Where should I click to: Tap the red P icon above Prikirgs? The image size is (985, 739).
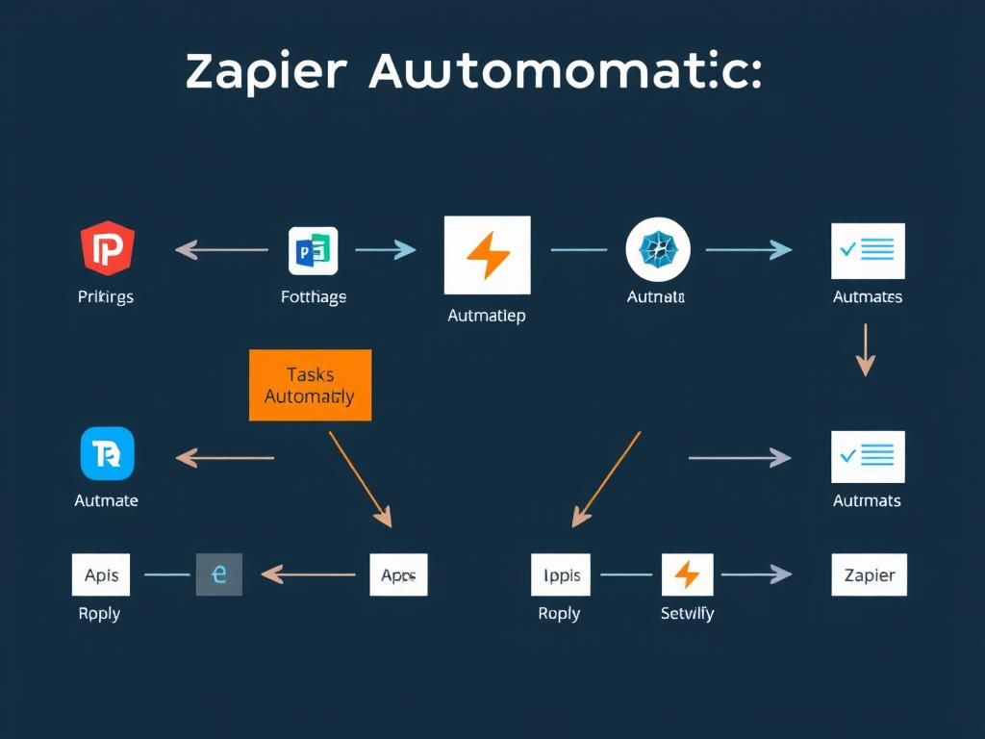[x=107, y=248]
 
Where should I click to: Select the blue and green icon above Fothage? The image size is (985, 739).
[x=313, y=251]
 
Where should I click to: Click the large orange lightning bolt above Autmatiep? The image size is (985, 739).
[x=487, y=255]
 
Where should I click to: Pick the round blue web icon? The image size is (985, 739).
[x=658, y=250]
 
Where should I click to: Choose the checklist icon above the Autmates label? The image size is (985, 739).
[x=868, y=251]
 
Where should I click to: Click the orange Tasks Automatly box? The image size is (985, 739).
[x=310, y=385]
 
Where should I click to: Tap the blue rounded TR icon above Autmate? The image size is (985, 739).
[x=107, y=453]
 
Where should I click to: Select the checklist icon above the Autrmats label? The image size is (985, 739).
[x=868, y=456]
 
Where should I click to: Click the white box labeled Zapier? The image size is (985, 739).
[x=869, y=575]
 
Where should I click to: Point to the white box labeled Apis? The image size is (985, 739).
[x=101, y=574]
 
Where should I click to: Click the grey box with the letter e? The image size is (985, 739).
[x=219, y=574]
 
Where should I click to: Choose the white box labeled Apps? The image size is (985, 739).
[x=398, y=574]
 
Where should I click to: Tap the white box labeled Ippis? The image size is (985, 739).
[x=561, y=574]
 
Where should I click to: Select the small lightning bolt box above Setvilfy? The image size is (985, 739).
[x=687, y=574]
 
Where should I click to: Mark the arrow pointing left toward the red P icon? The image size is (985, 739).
[x=221, y=250]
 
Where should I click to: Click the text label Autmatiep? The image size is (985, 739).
[x=487, y=316]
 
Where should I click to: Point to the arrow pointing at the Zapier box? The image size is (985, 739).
[x=756, y=574]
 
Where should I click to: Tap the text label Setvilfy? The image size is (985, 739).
[x=687, y=613]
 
